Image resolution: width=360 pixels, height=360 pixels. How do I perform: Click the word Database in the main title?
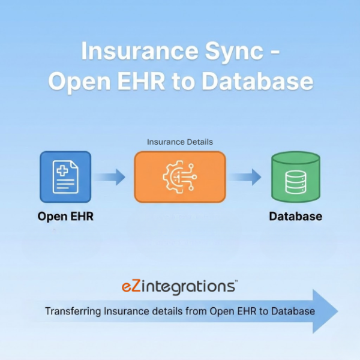[257, 82]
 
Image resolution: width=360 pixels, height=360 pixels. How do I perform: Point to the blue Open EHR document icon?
[65, 176]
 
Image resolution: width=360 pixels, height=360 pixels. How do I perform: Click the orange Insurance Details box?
[180, 176]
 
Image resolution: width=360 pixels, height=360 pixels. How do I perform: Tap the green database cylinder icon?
[295, 176]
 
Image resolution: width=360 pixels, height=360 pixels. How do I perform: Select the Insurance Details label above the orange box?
[180, 142]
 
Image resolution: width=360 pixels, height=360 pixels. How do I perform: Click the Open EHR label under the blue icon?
[65, 216]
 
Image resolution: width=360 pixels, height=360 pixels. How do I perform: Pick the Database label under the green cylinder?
[295, 216]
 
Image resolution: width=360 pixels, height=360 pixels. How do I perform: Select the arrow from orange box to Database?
[246, 176]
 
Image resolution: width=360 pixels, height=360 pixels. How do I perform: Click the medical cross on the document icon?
[62, 170]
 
